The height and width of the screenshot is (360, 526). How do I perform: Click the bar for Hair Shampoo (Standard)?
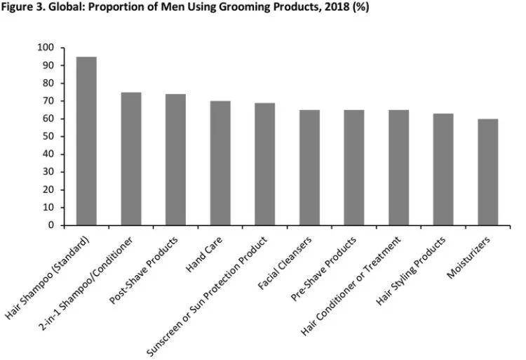tap(86, 141)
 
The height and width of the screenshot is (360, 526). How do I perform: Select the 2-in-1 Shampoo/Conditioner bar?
tap(131, 159)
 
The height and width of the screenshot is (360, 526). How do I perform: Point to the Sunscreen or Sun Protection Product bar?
tap(265, 164)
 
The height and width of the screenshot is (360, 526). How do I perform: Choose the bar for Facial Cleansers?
tap(309, 168)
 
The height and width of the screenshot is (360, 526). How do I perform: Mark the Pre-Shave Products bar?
tap(354, 168)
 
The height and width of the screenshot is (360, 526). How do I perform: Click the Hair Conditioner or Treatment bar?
tap(398, 168)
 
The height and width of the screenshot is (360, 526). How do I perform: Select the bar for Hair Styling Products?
tap(443, 169)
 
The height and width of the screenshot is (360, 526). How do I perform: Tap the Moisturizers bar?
tap(488, 172)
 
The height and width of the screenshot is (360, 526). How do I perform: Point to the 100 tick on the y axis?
tap(46, 48)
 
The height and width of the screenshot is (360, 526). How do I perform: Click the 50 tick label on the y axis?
tap(48, 137)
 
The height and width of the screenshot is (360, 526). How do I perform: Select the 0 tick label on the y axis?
tap(51, 226)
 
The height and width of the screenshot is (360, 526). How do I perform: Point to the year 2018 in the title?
tap(329, 7)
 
